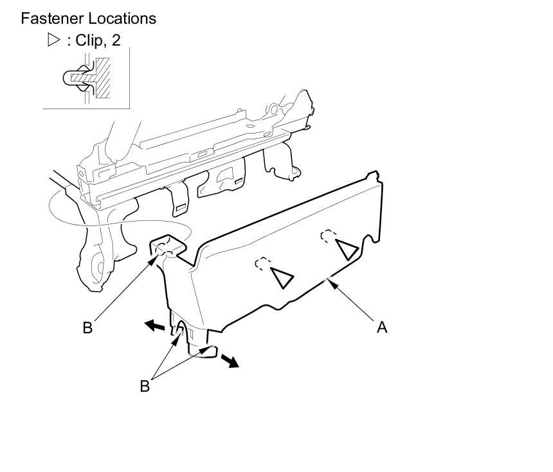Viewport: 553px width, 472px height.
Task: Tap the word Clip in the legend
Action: point(90,40)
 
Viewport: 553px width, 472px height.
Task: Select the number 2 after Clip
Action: point(116,40)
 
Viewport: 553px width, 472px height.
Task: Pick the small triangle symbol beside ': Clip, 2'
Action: point(53,40)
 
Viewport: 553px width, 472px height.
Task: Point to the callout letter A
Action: point(382,327)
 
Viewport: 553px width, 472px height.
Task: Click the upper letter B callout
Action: point(87,328)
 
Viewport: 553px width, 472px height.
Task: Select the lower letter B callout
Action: point(145,386)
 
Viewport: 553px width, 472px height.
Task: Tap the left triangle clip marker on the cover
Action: point(281,277)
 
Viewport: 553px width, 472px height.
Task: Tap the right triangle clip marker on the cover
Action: point(347,249)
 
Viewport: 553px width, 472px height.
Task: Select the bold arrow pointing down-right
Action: point(230,361)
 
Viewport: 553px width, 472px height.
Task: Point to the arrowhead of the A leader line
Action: point(329,279)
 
